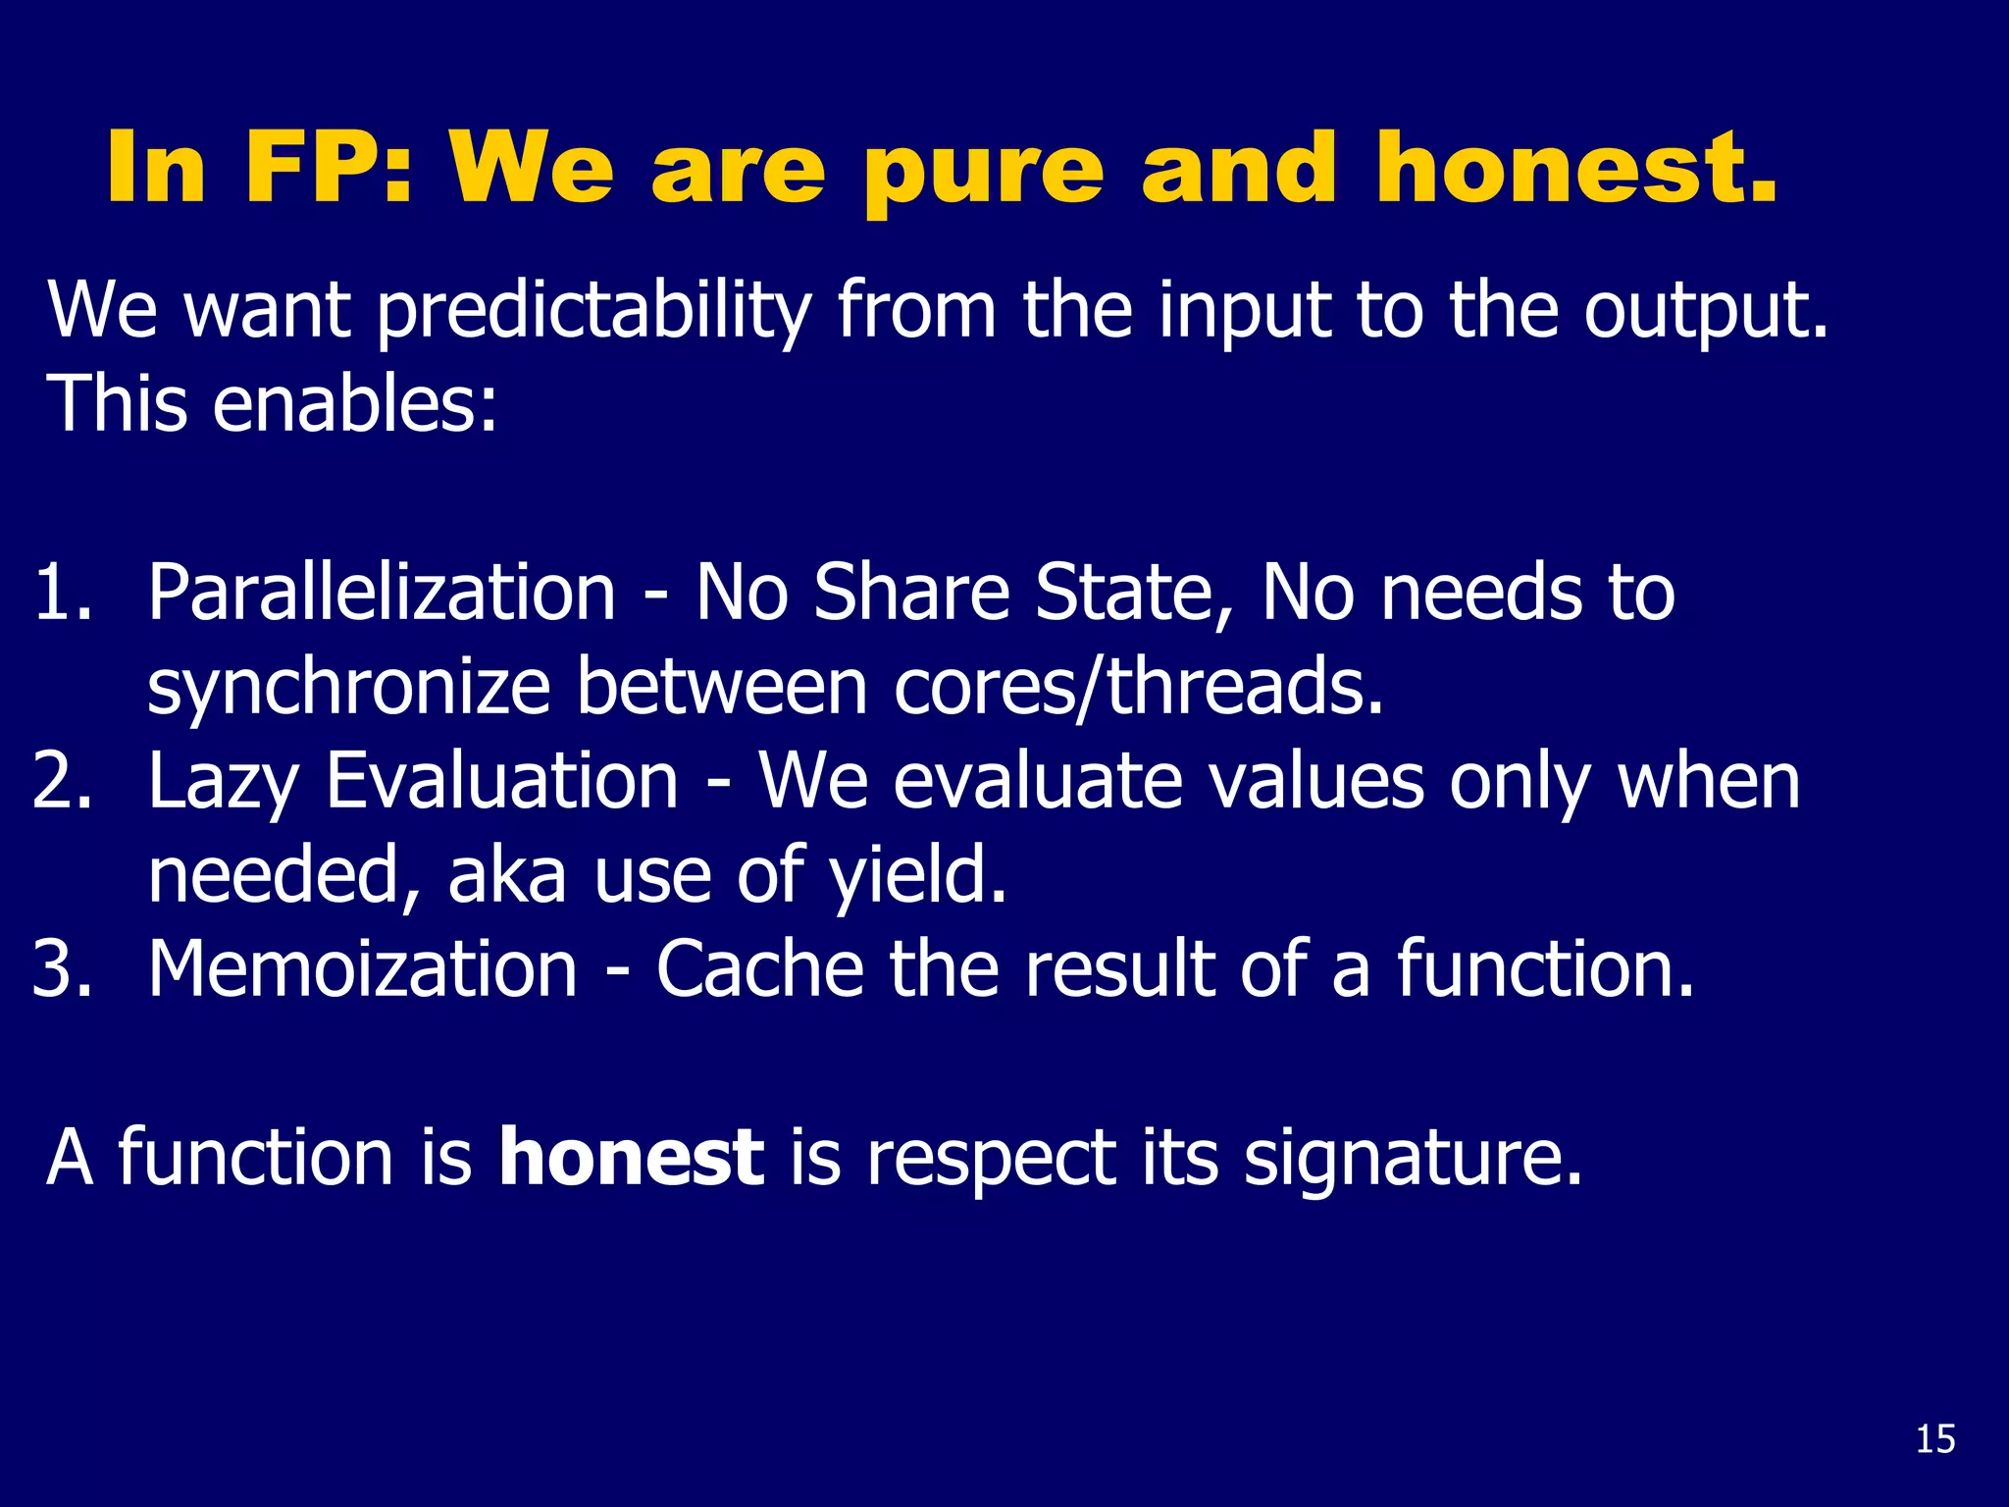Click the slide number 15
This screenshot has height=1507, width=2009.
(x=1934, y=1439)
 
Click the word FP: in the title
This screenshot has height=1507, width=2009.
(x=328, y=169)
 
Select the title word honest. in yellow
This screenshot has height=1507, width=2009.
(x=1575, y=169)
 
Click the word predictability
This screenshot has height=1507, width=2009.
(x=593, y=312)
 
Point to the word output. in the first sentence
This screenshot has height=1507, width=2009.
(x=1706, y=312)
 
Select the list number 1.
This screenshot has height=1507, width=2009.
(x=61, y=593)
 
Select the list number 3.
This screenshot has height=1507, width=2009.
(x=61, y=969)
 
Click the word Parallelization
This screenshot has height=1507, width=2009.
(x=382, y=593)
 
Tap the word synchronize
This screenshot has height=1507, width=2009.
(x=348, y=689)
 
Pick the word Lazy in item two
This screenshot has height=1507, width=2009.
(x=222, y=783)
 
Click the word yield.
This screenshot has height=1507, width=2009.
(x=918, y=875)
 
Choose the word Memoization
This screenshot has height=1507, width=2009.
(x=363, y=969)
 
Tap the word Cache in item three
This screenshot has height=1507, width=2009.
(x=759, y=969)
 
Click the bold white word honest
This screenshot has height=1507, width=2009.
(x=631, y=1158)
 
